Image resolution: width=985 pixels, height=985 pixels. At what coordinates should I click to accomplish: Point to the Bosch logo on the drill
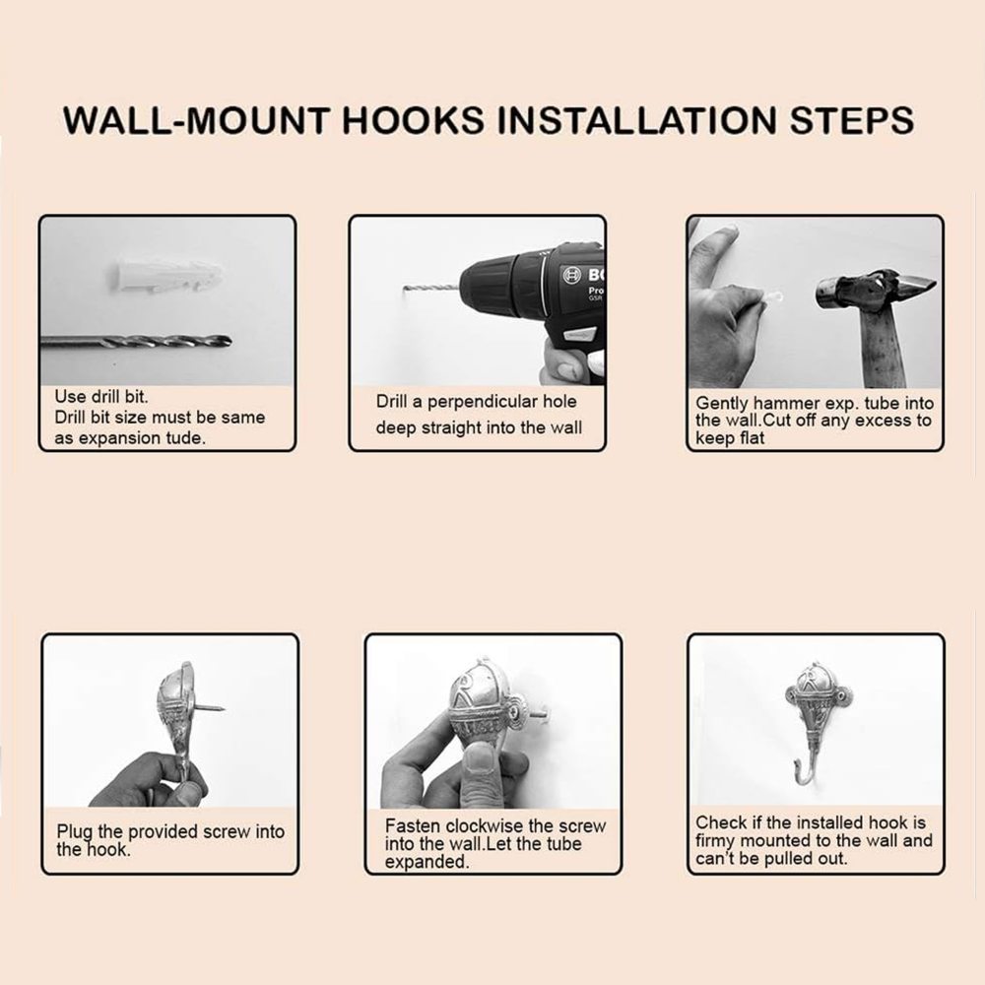point(572,274)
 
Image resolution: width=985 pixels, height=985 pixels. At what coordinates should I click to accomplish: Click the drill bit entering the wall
point(431,289)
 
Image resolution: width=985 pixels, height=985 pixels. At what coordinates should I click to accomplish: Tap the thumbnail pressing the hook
point(480,758)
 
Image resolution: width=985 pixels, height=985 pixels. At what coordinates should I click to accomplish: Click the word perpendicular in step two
point(502,402)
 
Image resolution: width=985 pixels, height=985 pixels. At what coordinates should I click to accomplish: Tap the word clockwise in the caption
point(496,825)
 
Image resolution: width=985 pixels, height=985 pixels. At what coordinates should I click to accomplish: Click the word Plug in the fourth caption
point(75,832)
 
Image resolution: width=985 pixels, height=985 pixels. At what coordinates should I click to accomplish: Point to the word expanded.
point(427,862)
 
